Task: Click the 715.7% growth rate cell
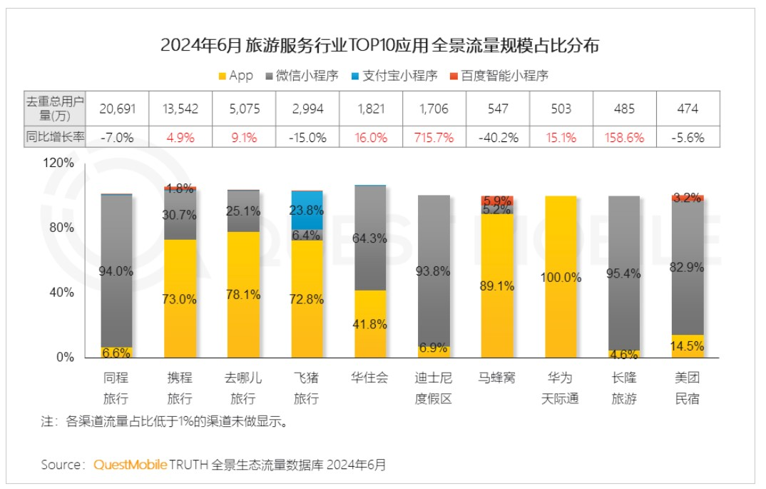tap(433, 138)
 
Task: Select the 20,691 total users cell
tap(116, 109)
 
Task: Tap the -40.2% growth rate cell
tap(499, 138)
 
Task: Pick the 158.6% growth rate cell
tap(624, 138)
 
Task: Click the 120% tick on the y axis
tap(60, 163)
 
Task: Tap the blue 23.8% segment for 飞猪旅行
tap(307, 211)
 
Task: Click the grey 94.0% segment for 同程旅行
tap(116, 270)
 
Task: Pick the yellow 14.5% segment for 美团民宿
tap(688, 346)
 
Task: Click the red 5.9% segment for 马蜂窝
tap(497, 201)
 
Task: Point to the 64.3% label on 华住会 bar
tap(370, 238)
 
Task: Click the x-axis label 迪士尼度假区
tap(433, 389)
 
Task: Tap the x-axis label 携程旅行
tap(179, 389)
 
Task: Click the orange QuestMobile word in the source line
tap(131, 465)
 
